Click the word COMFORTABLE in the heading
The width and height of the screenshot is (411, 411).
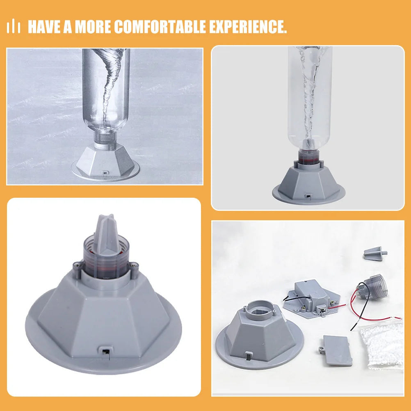[x=160, y=27]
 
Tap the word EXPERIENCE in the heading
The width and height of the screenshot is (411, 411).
[x=248, y=27]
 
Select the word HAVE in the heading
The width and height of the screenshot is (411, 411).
[x=44, y=27]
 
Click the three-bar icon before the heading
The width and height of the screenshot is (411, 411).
[x=14, y=27]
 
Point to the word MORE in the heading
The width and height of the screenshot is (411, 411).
[x=93, y=27]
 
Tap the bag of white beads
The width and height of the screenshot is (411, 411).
[x=382, y=346]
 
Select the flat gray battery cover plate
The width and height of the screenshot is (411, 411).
[x=337, y=350]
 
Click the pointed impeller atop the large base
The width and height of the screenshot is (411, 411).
[x=107, y=233]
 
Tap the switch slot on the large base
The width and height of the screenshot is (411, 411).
[x=104, y=352]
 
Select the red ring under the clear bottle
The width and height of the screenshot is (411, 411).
[x=309, y=160]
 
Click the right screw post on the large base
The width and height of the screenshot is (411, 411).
[x=134, y=269]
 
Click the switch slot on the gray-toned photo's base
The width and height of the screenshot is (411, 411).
[x=105, y=173]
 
